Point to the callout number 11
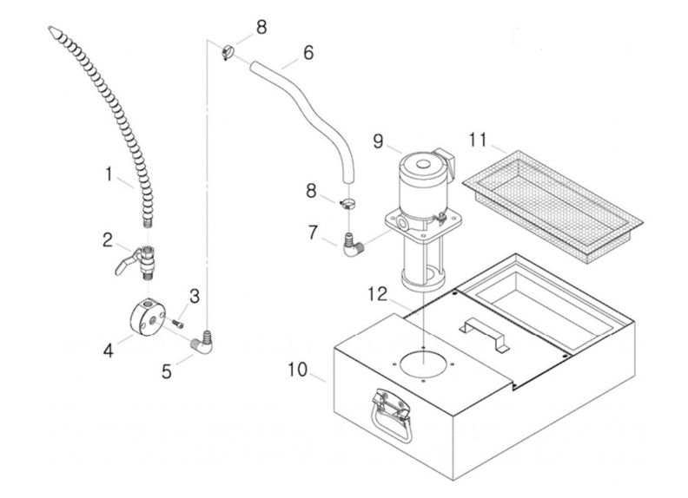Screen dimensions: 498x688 pyautogui.click(x=476, y=140)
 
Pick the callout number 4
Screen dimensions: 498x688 pyautogui.click(x=109, y=351)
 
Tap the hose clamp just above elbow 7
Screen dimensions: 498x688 pyautogui.click(x=347, y=205)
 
